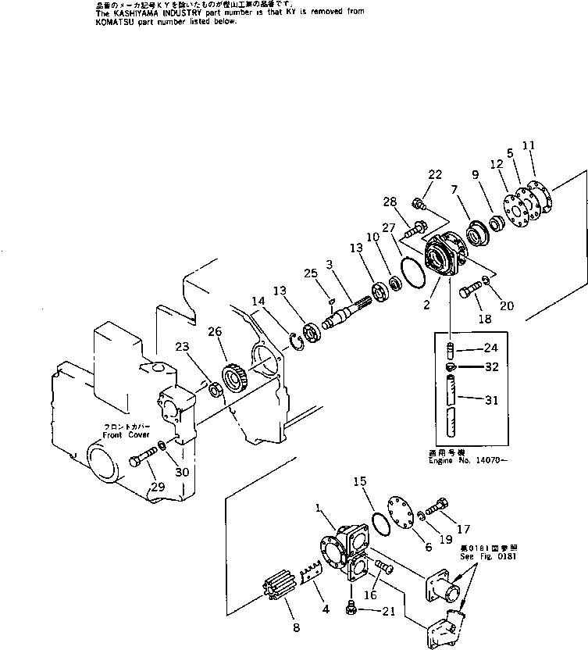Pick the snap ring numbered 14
click(x=294, y=339)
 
